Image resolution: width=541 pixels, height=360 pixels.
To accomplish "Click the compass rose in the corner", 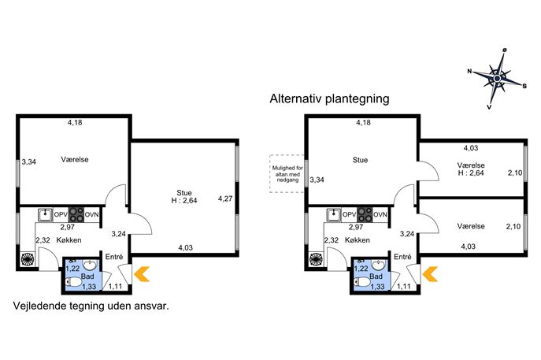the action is coord(497,79).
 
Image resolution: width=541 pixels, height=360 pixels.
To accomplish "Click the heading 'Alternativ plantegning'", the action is coord(329,98).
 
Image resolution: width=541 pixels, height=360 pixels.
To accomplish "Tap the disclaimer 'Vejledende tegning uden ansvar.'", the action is coord(91,306).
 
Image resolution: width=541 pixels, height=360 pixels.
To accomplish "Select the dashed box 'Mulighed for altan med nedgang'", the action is coord(287,173).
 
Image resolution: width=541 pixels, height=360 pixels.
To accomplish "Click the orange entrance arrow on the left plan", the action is coord(142,273).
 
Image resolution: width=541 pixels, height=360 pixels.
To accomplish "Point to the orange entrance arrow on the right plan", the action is coord(430,273).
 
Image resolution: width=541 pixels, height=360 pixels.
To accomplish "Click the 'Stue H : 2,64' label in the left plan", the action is coord(184,197).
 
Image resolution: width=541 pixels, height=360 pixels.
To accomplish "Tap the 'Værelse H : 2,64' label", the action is coord(471,169).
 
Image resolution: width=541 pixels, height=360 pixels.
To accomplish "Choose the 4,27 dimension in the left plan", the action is coord(225,199).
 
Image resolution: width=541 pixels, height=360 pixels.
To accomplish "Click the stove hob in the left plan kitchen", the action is coord(76,214).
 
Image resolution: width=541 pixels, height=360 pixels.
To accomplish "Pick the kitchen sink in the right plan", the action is coord(334,214).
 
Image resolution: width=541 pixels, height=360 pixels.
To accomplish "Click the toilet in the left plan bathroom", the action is coord(73,282).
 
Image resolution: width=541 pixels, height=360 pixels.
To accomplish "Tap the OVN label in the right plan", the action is coord(380,215).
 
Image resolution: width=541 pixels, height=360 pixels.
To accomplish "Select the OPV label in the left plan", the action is coord(61,215).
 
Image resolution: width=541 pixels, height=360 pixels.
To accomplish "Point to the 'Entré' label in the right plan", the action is coord(402,257).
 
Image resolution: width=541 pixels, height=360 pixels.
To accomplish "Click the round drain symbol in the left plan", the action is coord(28,259).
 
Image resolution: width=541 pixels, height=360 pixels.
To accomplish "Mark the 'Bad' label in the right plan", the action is coord(376,276).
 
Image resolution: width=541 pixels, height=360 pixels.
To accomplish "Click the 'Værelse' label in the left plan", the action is coord(75,159).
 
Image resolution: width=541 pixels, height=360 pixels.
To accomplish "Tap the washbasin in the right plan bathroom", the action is coord(379,265).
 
